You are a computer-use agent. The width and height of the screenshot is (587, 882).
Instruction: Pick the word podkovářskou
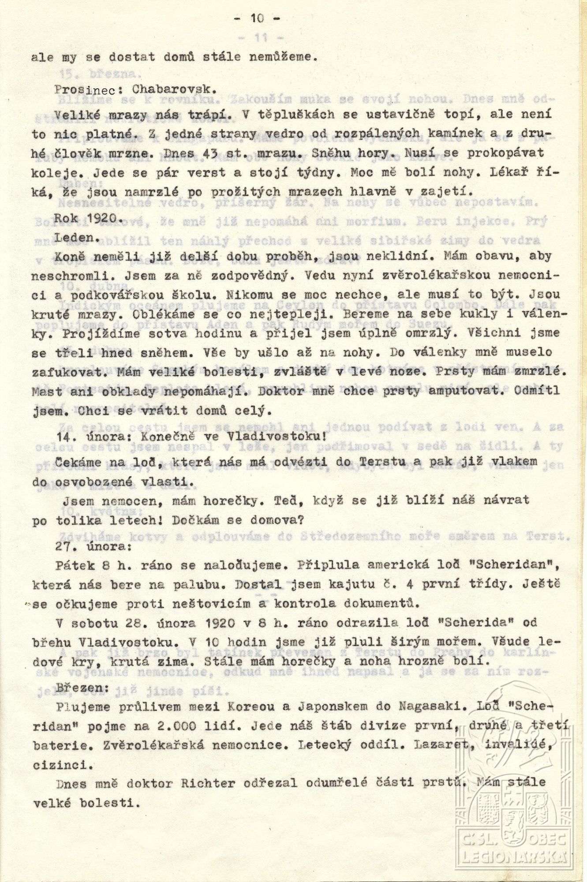(130, 295)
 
